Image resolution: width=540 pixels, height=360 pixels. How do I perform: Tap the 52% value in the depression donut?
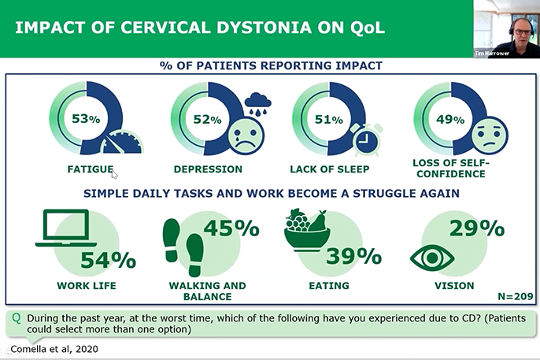207,119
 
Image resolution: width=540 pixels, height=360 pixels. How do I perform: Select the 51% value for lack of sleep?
328,120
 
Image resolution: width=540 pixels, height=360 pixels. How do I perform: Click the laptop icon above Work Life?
65,228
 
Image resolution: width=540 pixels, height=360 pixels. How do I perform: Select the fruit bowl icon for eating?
305,228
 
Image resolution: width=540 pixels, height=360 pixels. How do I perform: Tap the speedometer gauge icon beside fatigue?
123,146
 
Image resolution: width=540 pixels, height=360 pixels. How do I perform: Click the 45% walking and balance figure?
231,228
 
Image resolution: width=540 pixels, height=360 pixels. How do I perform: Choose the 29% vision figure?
477,228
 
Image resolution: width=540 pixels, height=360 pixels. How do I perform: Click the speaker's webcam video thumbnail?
507,29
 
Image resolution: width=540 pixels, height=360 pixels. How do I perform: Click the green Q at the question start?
17,318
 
